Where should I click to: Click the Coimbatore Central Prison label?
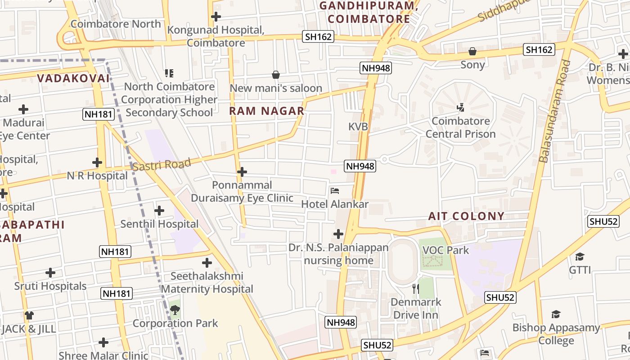click(460, 127)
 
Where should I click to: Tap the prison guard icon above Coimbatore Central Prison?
click(460, 108)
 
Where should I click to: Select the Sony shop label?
click(472, 65)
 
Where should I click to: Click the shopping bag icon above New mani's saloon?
click(276, 75)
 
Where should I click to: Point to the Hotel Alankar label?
click(335, 204)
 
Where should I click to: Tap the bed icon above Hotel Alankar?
click(334, 191)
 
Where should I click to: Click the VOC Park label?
click(445, 250)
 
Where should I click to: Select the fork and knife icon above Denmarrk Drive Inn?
click(416, 288)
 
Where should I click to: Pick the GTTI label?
click(580, 270)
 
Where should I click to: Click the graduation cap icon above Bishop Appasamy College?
click(556, 315)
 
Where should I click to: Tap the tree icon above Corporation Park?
click(175, 310)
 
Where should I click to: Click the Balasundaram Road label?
click(554, 111)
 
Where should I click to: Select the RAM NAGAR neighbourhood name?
click(267, 111)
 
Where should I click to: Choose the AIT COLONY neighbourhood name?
click(466, 216)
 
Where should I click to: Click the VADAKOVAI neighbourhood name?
click(73, 78)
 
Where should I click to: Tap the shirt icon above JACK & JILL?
click(29, 315)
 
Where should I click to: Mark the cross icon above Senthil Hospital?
click(159, 211)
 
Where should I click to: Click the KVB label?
click(358, 127)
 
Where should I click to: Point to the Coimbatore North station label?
click(116, 24)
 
